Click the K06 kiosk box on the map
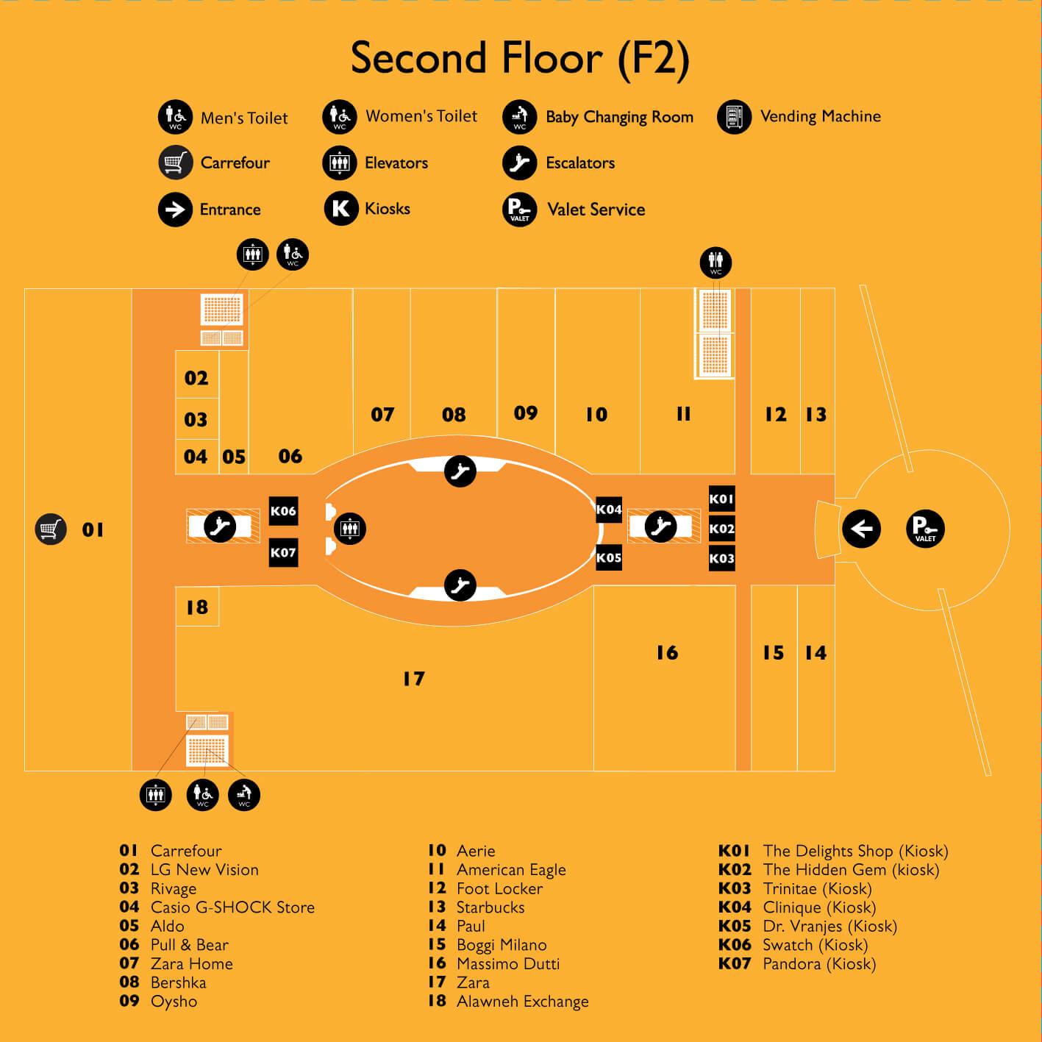283,510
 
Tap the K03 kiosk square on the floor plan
721,558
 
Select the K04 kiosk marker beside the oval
609,510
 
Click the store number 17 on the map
414,679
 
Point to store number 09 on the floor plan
526,413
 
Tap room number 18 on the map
197,607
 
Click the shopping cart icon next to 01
51,529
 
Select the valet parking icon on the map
925,529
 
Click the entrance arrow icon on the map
861,529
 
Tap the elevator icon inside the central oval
350,528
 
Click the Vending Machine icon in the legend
735,117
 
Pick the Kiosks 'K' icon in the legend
341,208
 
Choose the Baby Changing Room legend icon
520,117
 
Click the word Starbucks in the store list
490,907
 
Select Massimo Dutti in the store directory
508,963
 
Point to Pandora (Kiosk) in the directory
819,963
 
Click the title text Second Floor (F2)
520,58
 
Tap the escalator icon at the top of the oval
460,471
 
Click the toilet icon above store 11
716,263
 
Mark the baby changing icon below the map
244,795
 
